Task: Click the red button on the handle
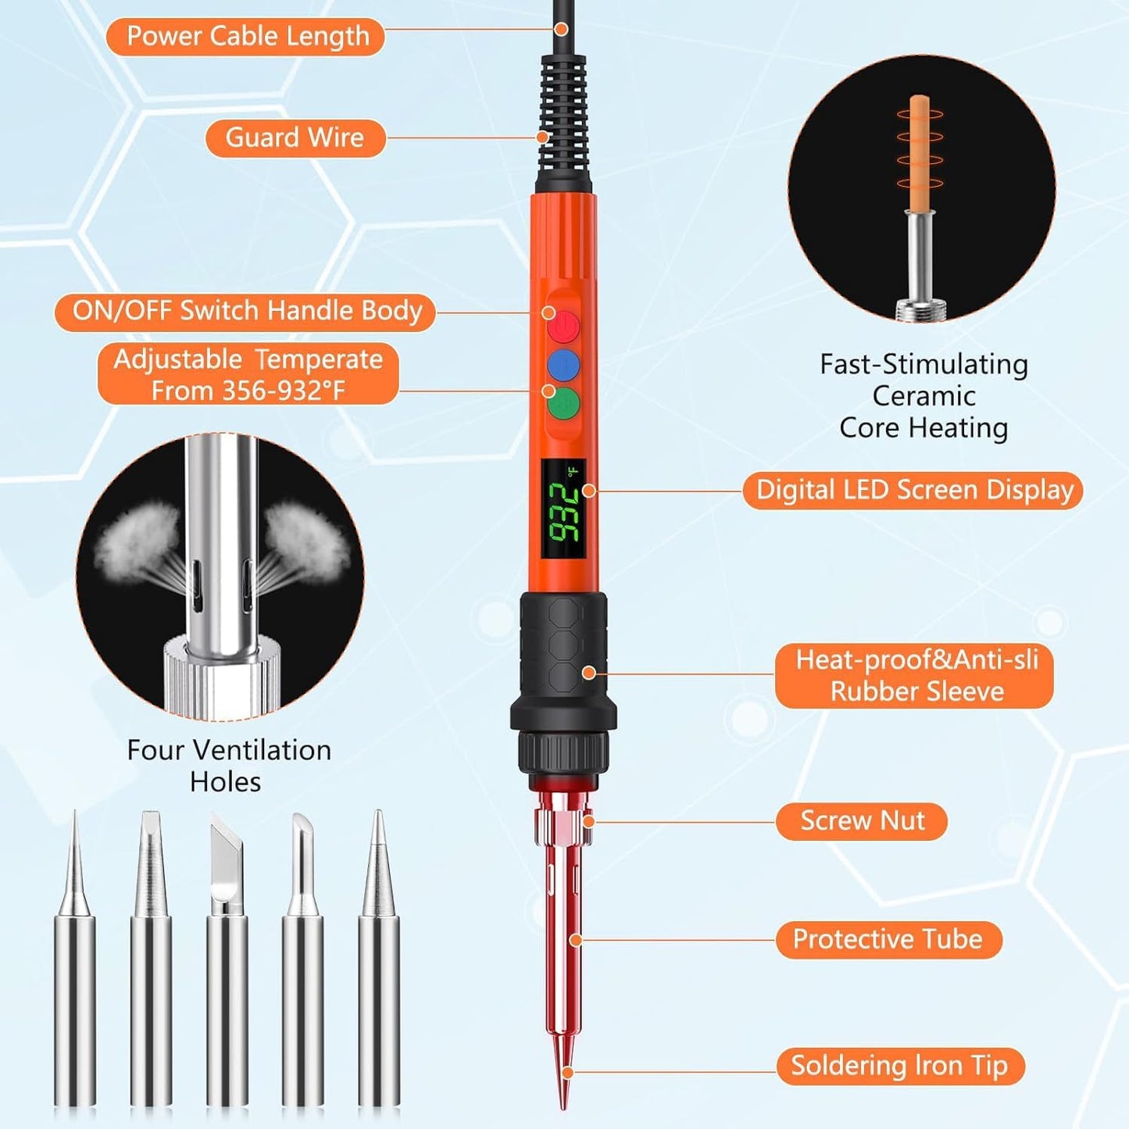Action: point(563,327)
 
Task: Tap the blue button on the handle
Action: point(563,365)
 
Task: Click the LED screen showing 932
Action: point(563,509)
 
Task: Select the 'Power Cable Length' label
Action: point(246,37)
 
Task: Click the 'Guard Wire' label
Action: point(295,138)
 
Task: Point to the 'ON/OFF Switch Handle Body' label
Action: point(246,311)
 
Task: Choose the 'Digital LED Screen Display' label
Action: point(913,490)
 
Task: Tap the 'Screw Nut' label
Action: point(861,821)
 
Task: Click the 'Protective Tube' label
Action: point(888,939)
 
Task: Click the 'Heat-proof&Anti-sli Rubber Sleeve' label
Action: point(915,676)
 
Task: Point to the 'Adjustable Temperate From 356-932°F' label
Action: point(248,374)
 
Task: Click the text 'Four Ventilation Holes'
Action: point(228,765)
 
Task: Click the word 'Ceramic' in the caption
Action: point(924,396)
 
